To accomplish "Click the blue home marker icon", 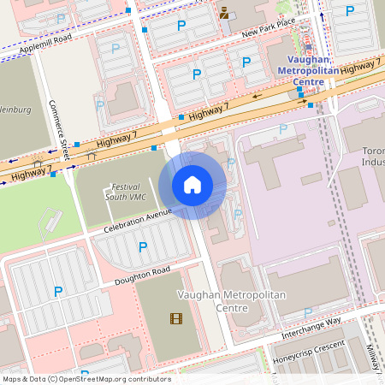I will [x=192, y=185].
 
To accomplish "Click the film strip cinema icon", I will [x=176, y=319].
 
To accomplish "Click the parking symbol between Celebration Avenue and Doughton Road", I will [x=143, y=247].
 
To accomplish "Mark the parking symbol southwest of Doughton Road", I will [x=58, y=292].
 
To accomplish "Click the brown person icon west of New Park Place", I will [x=224, y=12].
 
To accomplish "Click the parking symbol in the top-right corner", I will [x=349, y=11].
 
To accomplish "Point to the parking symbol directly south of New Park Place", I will [x=246, y=62].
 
